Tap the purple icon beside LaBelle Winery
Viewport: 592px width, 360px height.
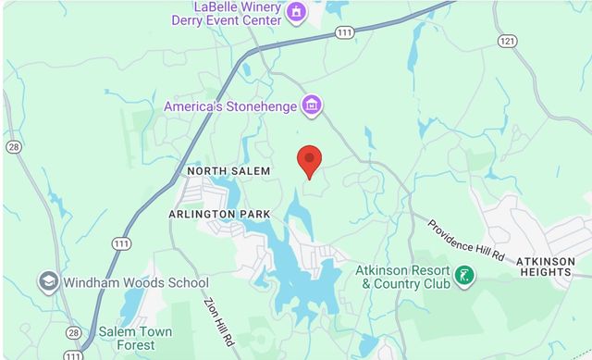(x=296, y=12)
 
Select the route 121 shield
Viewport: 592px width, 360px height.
(x=507, y=42)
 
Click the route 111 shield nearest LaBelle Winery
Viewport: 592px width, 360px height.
(x=344, y=32)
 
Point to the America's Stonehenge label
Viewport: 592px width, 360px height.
(x=230, y=106)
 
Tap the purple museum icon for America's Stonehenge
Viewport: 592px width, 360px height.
(x=312, y=106)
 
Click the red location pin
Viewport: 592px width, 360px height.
(x=309, y=161)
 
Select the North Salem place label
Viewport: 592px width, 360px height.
(x=228, y=171)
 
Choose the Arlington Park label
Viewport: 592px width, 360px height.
(x=219, y=214)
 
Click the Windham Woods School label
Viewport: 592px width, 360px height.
(x=137, y=282)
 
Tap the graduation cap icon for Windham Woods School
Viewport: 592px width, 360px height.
(x=49, y=281)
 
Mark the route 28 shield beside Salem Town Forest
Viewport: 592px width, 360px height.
(x=73, y=332)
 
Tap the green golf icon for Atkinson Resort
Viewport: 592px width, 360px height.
(x=464, y=276)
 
